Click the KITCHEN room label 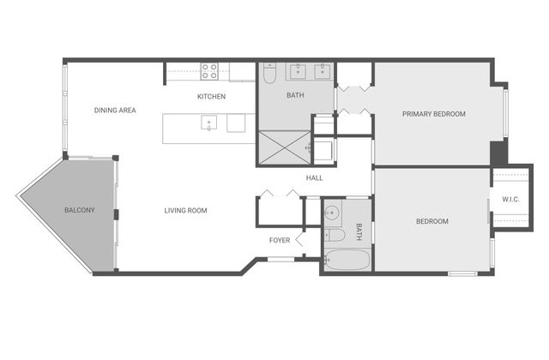pos(211,97)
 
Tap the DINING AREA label pos(115,111)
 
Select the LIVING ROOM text pos(185,211)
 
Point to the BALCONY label pos(80,210)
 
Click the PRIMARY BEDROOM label pos(434,114)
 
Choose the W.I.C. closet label pos(511,200)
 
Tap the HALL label pos(315,178)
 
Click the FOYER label pos(280,240)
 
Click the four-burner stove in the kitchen pos(209,71)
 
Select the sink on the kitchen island pos(208,123)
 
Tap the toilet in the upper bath pos(269,73)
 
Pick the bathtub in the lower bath pos(347,260)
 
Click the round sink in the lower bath pos(331,212)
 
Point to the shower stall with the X pos(284,147)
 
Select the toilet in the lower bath pos(335,235)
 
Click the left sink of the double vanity pos(298,71)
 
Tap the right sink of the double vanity pos(322,71)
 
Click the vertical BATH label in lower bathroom pos(359,231)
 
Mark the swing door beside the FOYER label pos(299,240)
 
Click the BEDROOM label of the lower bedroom pos(432,221)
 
